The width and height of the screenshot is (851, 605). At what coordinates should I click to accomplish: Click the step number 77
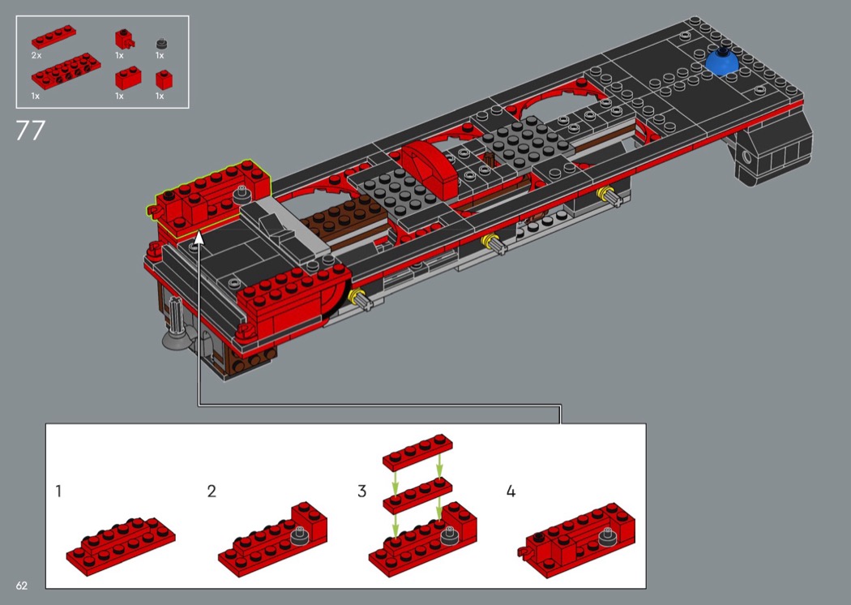[30, 131]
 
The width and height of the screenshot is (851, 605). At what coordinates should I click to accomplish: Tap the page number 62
[21, 586]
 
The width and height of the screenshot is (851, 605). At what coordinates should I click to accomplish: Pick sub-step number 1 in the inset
[58, 491]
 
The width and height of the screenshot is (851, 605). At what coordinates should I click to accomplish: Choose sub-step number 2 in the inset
[212, 491]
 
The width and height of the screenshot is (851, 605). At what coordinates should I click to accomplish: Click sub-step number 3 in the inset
[362, 491]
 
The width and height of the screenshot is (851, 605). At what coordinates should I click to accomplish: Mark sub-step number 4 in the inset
[511, 491]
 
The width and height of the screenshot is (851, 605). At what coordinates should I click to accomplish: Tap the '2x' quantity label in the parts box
[36, 55]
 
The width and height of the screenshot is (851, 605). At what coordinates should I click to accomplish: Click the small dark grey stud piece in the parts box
[160, 41]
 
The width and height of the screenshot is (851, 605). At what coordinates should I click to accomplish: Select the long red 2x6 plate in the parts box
[60, 75]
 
